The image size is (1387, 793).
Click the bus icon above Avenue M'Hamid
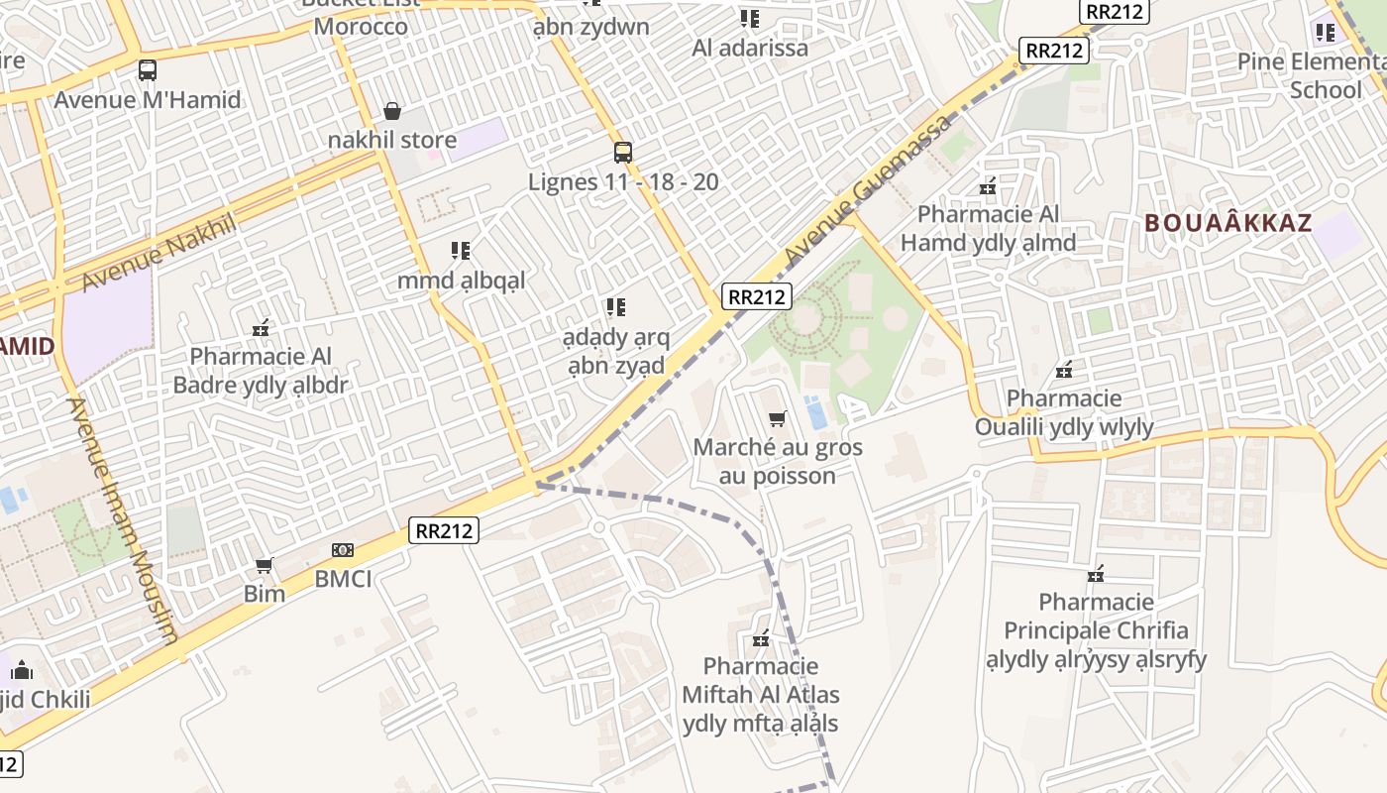[x=148, y=70]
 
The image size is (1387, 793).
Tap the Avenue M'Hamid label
[x=147, y=99]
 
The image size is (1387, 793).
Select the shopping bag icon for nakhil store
[x=392, y=110]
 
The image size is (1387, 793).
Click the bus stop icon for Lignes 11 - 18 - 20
[x=622, y=153]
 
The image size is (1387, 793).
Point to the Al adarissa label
[x=750, y=48]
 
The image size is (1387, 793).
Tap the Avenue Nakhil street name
[x=159, y=251]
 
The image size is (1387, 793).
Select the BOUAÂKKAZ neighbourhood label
[x=1228, y=223]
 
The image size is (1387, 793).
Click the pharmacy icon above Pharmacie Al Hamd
[x=988, y=185]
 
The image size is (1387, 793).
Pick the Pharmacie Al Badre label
[x=261, y=370]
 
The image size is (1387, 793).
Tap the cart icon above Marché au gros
[x=778, y=419]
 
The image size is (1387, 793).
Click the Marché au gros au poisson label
[x=778, y=461]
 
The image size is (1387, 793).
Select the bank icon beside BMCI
[x=343, y=550]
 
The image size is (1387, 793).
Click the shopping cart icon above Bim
[x=265, y=566]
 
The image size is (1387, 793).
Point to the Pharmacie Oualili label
[x=1064, y=412]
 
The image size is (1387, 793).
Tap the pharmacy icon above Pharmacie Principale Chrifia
[x=1096, y=574]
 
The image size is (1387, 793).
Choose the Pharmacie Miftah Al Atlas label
[x=761, y=694]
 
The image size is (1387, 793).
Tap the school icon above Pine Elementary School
[x=1326, y=33]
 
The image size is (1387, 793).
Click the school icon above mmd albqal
[x=461, y=251]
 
